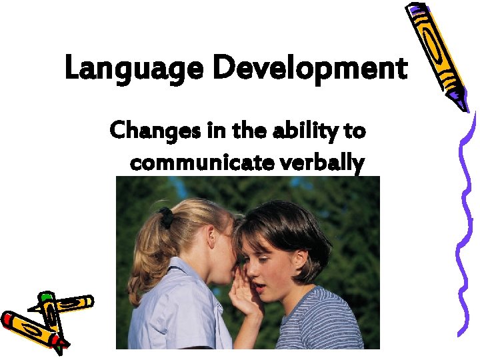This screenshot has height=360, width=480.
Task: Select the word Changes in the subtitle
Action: [x=151, y=131]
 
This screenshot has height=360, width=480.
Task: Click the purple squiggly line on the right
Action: [x=467, y=220]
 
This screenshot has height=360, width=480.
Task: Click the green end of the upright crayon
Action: [x=46, y=297]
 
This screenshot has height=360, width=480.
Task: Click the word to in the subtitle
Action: [x=355, y=131]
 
